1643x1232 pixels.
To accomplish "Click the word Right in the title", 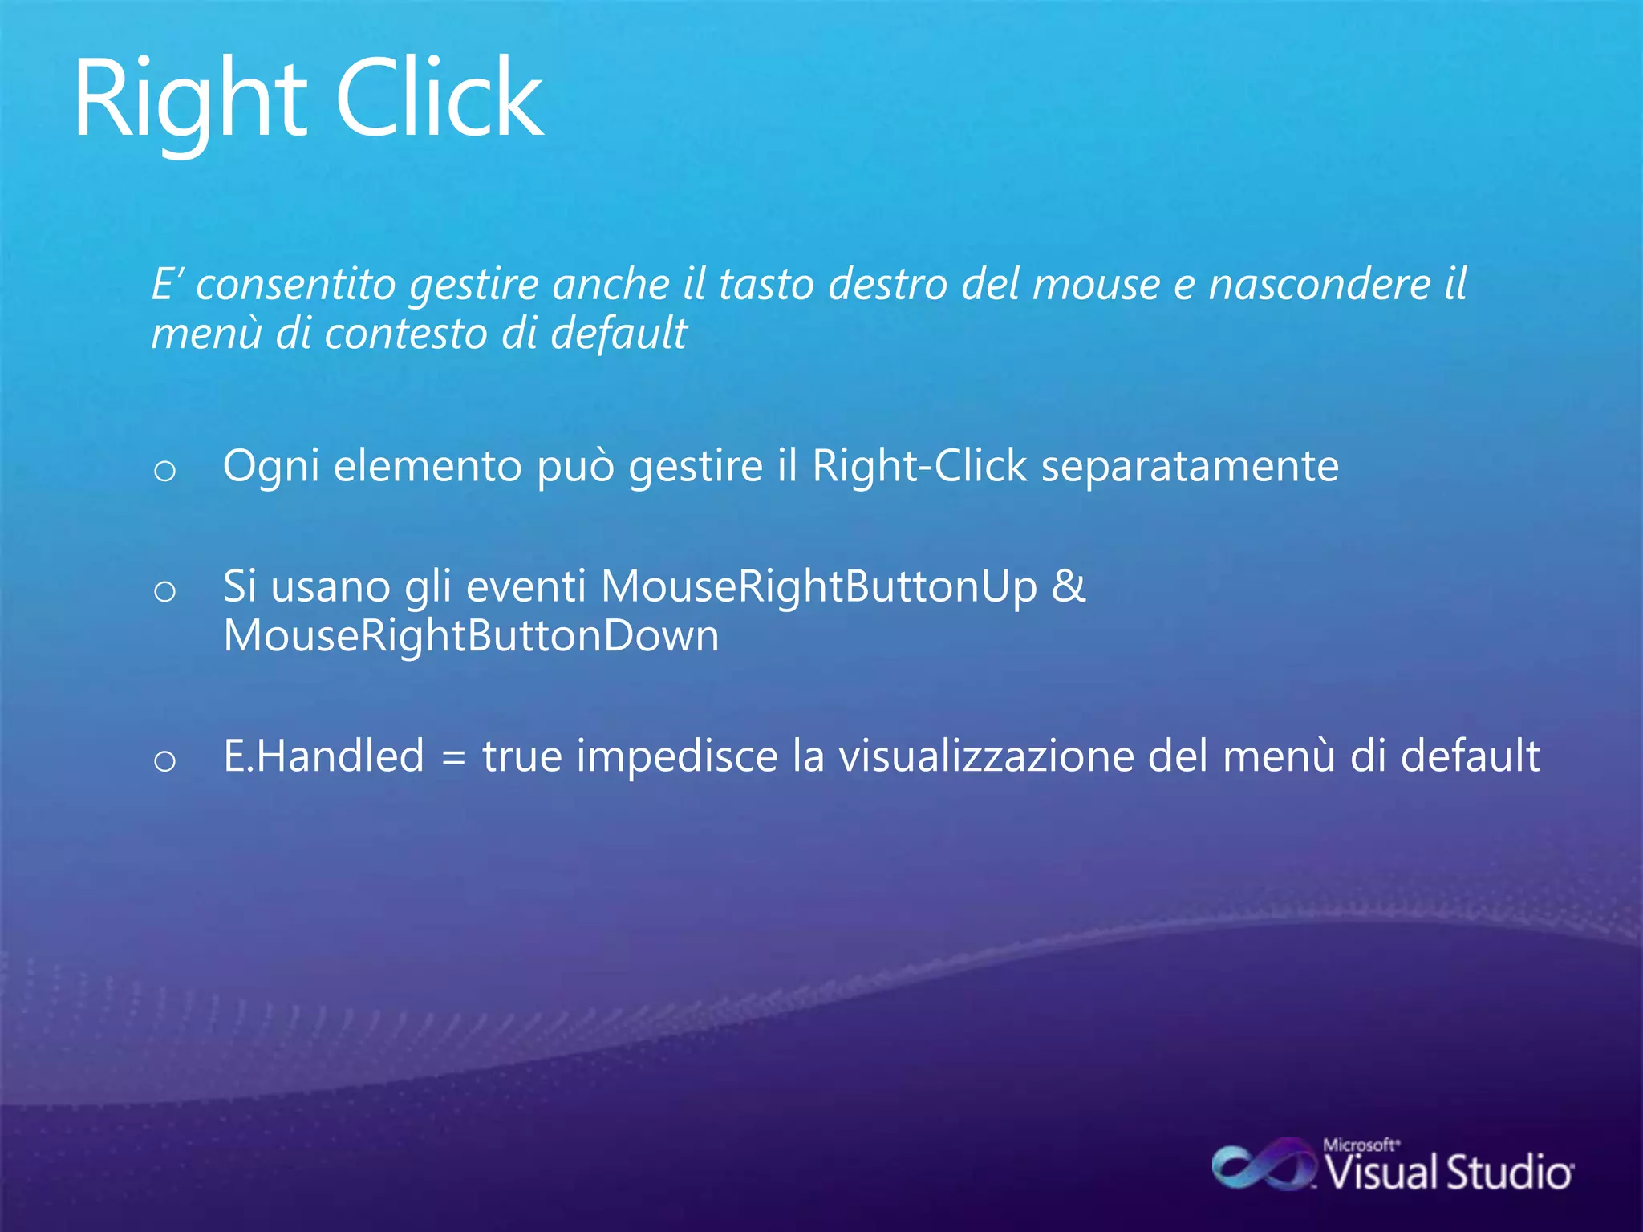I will pos(189,100).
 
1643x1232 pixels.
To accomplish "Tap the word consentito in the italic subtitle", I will pos(295,285).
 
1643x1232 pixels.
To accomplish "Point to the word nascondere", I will pos(1320,285).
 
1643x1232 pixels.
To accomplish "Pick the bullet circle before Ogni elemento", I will pos(164,471).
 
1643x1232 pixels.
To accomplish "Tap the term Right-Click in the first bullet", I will pos(919,465).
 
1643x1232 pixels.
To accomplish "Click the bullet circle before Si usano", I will pos(164,592).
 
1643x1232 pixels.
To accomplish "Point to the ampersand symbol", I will pos(1068,586).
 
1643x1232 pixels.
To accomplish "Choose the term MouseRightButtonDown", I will pos(471,636).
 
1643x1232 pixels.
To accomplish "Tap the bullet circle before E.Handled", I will pos(164,760).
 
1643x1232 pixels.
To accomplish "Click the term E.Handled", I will pos(323,756).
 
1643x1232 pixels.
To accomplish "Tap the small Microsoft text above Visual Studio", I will pos(1361,1145).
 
